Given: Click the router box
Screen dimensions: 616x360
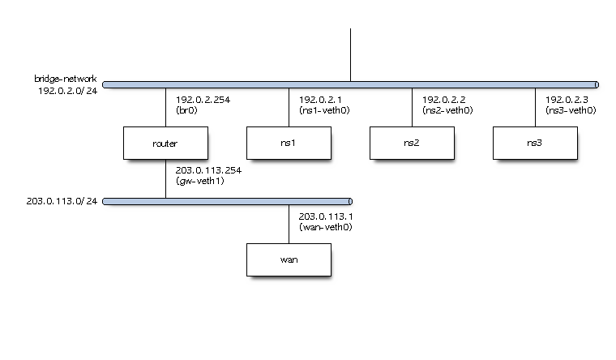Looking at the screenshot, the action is click(165, 143).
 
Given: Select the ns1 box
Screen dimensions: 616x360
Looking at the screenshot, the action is click(289, 143).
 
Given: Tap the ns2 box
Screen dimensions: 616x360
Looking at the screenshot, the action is click(412, 143).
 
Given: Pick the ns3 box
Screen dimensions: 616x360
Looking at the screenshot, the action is click(535, 143).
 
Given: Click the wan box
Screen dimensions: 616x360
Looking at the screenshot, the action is click(289, 259).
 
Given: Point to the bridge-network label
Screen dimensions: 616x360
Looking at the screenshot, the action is click(65, 79).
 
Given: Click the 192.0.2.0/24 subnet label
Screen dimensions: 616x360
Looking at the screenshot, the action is click(67, 91).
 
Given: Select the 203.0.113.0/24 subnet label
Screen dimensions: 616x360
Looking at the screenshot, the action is click(62, 201).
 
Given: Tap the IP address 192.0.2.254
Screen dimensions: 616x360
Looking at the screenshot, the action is click(203, 100).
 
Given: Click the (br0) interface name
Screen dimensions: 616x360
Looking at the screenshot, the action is click(186, 110).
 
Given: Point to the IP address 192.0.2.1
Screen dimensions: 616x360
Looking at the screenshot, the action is click(320, 100).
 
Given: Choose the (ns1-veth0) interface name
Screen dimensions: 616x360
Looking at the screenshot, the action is click(324, 110).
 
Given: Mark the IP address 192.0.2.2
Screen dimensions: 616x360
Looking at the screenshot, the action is click(443, 100).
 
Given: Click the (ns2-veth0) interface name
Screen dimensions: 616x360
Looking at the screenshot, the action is click(447, 110).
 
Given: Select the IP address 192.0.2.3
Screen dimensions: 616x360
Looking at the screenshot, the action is click(567, 100).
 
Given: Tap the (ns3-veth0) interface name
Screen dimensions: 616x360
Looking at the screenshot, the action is click(571, 110).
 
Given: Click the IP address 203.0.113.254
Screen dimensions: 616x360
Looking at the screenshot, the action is click(208, 170).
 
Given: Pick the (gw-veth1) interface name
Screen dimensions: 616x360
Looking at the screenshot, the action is click(200, 181).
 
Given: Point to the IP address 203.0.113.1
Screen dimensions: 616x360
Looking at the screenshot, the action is click(326, 216).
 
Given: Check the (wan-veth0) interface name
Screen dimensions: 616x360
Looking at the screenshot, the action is click(325, 227).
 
